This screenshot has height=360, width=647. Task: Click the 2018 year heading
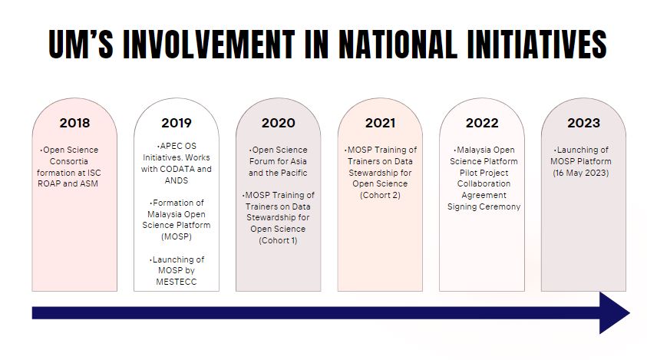[x=74, y=123]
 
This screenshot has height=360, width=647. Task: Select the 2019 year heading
[x=177, y=123]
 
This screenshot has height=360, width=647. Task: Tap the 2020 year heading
[x=279, y=123]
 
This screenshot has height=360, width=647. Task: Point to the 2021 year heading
[x=380, y=123]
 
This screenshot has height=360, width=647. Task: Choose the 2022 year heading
[x=482, y=123]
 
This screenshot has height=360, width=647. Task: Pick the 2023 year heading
[x=583, y=123]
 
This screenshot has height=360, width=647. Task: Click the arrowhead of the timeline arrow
[x=615, y=313]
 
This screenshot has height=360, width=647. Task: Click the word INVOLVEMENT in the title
[x=209, y=44]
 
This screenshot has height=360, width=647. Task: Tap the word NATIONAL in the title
[x=398, y=44]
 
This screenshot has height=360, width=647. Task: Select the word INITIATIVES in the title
[x=537, y=44]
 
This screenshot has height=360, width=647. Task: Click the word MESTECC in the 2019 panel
[x=177, y=282]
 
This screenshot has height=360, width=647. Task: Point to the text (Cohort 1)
[x=278, y=240]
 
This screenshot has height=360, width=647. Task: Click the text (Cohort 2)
[x=380, y=195]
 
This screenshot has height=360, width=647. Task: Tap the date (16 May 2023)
[x=581, y=173]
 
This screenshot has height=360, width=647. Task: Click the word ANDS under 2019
[x=177, y=180]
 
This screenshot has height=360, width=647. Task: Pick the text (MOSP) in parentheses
[x=177, y=236]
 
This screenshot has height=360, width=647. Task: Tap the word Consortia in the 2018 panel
[x=69, y=161]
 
